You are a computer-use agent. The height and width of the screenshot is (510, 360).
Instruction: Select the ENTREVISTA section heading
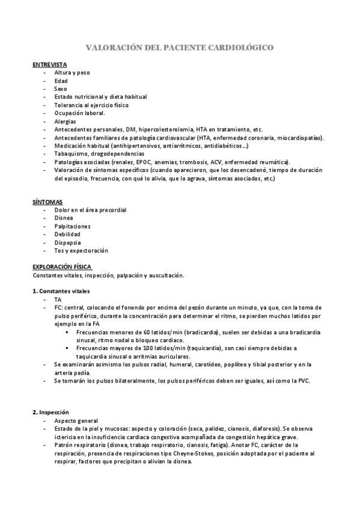(x=49, y=64)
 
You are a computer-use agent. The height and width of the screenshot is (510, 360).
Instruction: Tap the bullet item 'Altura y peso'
(x=72, y=72)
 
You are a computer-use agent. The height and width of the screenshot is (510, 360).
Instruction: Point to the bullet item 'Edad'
(x=61, y=81)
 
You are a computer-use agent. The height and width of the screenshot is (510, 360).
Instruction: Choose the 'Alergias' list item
(x=64, y=121)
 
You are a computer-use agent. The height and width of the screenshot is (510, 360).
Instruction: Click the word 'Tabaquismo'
(x=70, y=153)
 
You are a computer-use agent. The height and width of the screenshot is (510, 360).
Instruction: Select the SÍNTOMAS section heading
(x=47, y=202)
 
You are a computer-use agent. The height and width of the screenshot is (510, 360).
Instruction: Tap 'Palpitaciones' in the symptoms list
(x=72, y=226)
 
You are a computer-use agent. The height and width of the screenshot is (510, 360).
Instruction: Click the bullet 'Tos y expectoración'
(x=81, y=251)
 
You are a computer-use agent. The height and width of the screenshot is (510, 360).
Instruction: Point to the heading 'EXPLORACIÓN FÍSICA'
(x=62, y=267)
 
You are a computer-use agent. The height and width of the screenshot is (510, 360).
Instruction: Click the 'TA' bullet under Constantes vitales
(x=58, y=299)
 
